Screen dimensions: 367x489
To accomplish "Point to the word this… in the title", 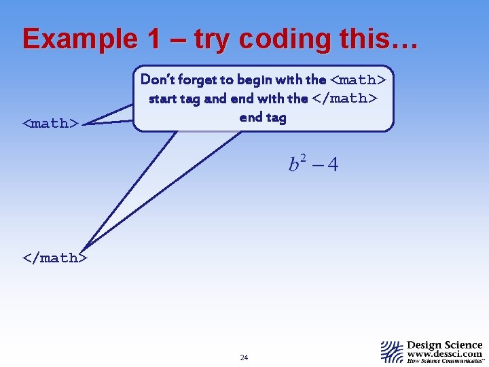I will click(x=371, y=39).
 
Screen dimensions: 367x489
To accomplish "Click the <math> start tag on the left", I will click(x=50, y=123).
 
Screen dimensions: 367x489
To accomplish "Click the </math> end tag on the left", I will click(x=54, y=258).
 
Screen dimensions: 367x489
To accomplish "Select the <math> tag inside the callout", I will click(x=358, y=80).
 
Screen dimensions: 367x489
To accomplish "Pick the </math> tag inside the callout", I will click(x=345, y=99).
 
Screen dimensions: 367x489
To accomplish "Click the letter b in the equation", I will click(x=294, y=165).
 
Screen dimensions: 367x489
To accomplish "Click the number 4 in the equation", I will click(x=332, y=165).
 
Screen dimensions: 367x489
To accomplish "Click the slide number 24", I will click(x=244, y=357).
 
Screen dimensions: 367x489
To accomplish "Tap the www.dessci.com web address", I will click(x=445, y=353).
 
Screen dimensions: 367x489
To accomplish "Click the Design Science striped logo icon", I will click(x=392, y=351).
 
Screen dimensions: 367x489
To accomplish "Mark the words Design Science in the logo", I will click(x=445, y=345).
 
